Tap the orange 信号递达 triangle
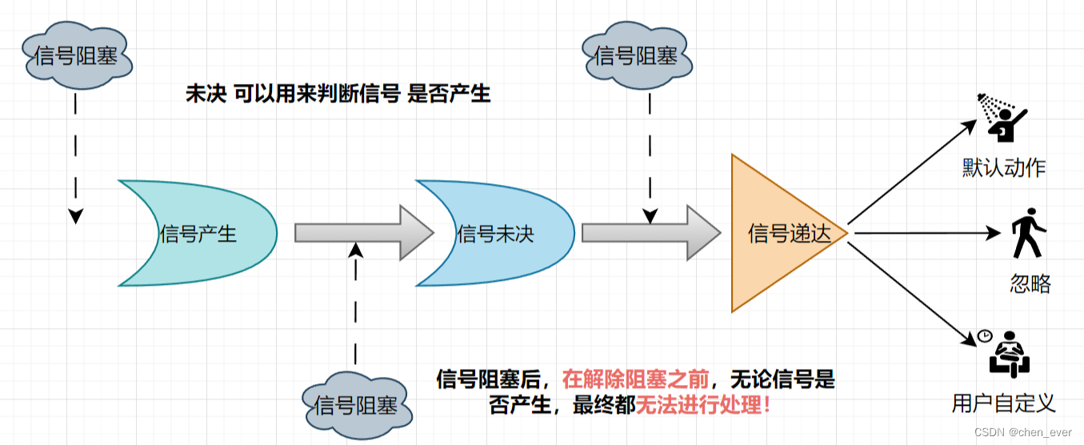coord(780,233)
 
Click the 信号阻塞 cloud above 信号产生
coord(75,56)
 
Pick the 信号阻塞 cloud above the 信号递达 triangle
coord(635,56)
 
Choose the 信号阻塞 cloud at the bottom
coord(357,404)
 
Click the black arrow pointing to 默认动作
coord(912,172)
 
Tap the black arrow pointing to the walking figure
coord(928,233)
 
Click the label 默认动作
coord(1004,168)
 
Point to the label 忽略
coord(1030,284)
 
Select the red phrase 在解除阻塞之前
coord(635,379)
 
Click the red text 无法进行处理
coord(703,405)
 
